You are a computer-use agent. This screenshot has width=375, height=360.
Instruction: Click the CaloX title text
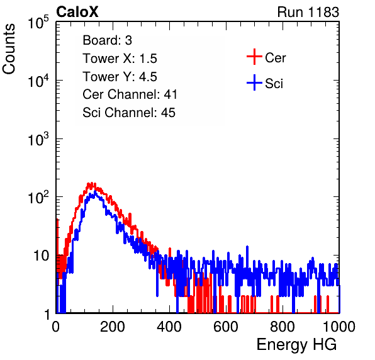[77, 12]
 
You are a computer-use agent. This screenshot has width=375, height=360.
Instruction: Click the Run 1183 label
[308, 12]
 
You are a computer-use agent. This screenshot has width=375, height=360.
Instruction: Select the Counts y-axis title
[9, 49]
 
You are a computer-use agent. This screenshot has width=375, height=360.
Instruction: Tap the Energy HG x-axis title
[296, 345]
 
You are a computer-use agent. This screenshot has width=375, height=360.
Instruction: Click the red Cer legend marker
[254, 57]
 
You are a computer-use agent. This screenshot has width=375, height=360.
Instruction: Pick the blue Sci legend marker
[254, 82]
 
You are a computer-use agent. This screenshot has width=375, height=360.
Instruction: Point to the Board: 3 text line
[107, 40]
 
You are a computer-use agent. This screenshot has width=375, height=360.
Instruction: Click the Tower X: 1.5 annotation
[120, 59]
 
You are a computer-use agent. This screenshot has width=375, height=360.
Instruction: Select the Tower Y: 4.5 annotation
[120, 77]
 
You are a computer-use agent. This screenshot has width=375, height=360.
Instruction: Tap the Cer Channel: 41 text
[130, 94]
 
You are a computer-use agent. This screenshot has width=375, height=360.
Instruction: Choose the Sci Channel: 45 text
[129, 113]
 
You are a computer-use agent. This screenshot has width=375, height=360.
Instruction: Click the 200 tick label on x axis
[113, 327]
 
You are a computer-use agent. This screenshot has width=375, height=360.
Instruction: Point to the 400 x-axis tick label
[169, 327]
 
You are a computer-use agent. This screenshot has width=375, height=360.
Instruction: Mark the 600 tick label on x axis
[226, 327]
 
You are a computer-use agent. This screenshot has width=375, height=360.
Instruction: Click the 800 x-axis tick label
[283, 327]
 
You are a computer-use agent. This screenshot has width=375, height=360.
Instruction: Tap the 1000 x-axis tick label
[339, 327]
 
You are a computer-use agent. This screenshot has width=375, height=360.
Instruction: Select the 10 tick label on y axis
[42, 256]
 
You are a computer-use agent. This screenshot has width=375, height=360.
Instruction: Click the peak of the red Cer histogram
[91, 183]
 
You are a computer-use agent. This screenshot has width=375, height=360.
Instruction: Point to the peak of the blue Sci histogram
[95, 192]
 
